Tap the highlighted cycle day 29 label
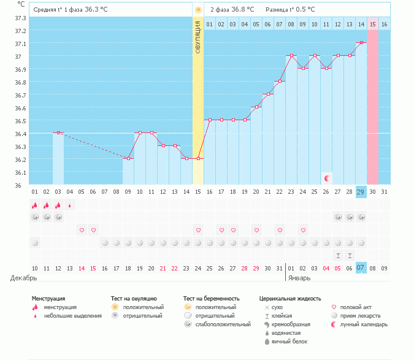[x=361, y=192]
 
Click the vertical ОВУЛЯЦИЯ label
[x=198, y=37]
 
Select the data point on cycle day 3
[x=58, y=132]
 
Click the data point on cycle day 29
[x=361, y=43]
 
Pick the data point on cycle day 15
[x=198, y=158]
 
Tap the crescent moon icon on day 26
[x=327, y=178]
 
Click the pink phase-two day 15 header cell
[x=373, y=24]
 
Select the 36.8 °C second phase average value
[x=243, y=10]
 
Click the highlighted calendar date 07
[x=361, y=268]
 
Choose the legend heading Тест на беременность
[x=212, y=299]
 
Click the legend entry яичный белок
[x=289, y=341]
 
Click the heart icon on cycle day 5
[x=82, y=230]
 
